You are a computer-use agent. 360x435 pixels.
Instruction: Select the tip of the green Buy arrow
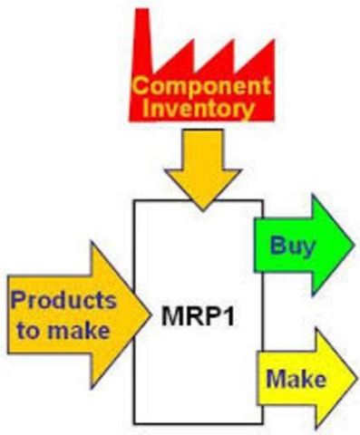pos(353,243)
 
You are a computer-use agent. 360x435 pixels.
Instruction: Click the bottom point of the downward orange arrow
pos(199,207)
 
